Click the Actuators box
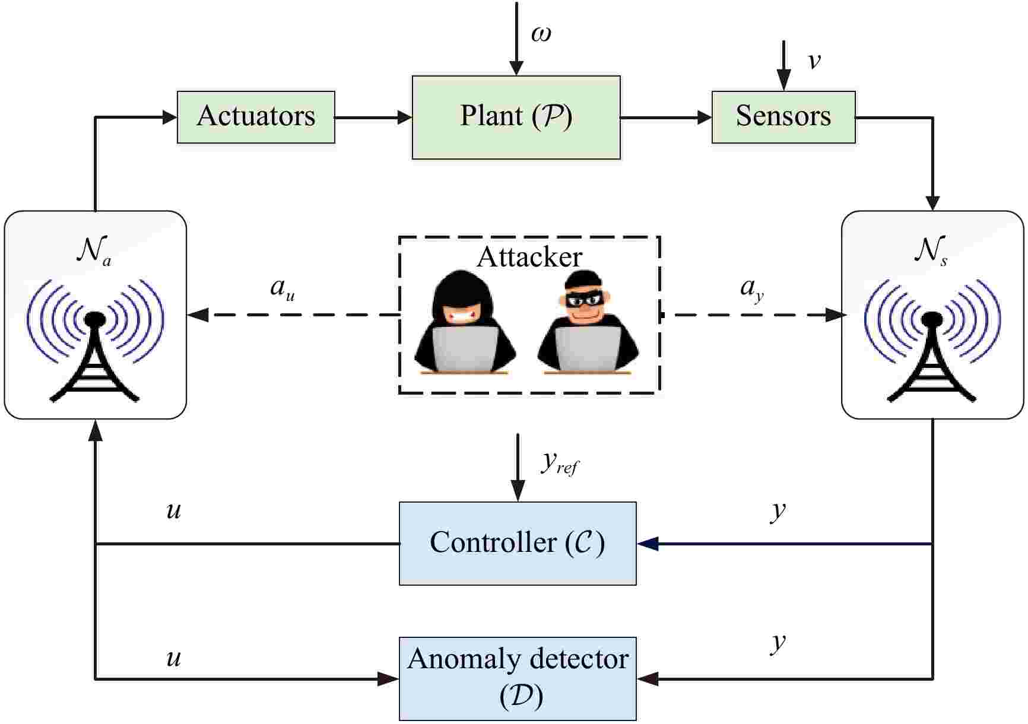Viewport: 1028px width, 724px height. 256,117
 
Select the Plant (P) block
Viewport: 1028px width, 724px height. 516,117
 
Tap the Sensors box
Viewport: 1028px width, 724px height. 783,117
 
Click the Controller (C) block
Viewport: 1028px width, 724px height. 517,543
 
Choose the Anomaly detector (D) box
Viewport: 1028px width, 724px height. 517,678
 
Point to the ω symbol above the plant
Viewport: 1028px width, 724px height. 541,33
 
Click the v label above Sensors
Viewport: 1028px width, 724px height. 814,61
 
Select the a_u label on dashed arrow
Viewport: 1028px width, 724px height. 281,288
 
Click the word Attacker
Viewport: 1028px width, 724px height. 529,257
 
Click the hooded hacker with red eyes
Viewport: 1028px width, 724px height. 465,323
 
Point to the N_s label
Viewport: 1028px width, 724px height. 929,252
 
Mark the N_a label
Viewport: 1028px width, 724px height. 93,252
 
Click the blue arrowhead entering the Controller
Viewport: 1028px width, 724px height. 648,543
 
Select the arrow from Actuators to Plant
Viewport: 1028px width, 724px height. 373,118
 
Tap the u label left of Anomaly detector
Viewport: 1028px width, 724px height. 173,657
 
